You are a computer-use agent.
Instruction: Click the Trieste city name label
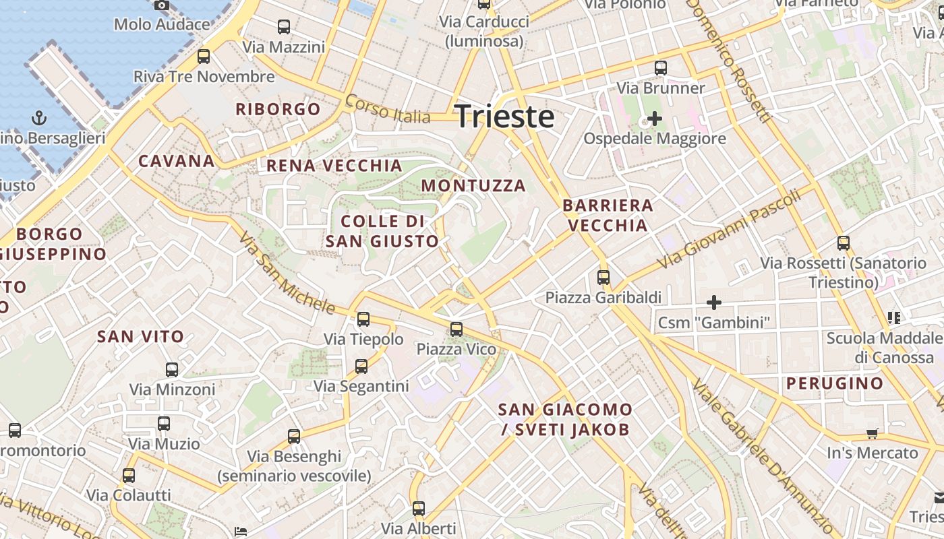click(x=504, y=117)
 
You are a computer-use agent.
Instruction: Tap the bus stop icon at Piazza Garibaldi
click(x=603, y=277)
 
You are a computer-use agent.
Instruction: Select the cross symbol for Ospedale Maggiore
click(x=654, y=119)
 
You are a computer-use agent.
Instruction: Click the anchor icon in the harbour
click(x=39, y=119)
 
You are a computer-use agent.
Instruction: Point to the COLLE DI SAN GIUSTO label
click(x=382, y=231)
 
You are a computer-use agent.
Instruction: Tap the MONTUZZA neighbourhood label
click(x=473, y=185)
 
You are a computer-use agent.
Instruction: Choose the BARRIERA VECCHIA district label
click(x=608, y=215)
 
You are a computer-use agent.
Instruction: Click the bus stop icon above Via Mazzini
click(x=284, y=27)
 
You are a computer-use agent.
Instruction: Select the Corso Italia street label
click(x=387, y=108)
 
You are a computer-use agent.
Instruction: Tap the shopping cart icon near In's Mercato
click(x=873, y=433)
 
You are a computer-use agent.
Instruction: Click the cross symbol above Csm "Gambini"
click(x=713, y=303)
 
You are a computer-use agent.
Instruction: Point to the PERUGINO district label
click(x=835, y=383)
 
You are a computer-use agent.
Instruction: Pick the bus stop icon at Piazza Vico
click(x=456, y=329)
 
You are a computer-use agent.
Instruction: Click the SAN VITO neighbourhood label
click(x=141, y=337)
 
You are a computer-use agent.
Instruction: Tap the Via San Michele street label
click(x=287, y=275)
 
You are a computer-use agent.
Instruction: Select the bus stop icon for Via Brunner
click(x=661, y=68)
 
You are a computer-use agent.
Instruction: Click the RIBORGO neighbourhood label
click(x=278, y=109)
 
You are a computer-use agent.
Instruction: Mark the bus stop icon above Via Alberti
click(x=419, y=509)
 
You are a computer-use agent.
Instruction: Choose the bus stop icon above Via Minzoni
click(x=172, y=369)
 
